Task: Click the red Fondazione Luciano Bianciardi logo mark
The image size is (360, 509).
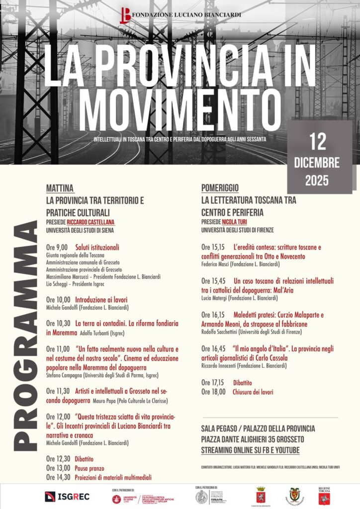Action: pos(125,15)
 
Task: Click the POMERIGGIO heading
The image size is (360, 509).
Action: pos(220,188)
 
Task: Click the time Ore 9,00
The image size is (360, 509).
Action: pos(57,247)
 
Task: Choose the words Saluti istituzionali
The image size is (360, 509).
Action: pos(97,247)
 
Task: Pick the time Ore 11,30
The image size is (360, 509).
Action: pos(58,391)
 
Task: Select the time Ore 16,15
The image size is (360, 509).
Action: pos(213,315)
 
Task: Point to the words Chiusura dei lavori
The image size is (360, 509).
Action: pos(253,392)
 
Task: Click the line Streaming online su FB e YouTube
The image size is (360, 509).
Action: pos(250,450)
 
